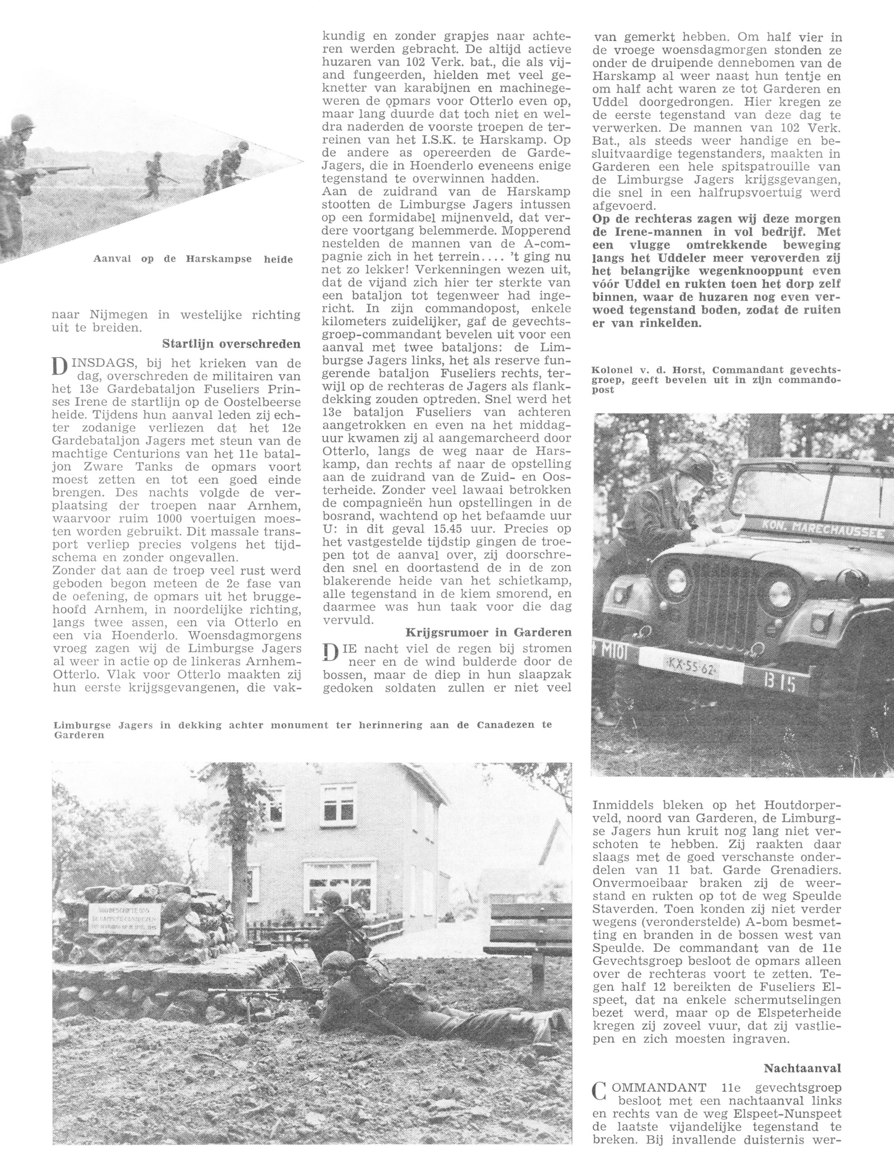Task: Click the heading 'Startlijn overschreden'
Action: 231,344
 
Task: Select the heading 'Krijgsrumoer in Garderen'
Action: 488,632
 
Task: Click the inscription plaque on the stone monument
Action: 123,916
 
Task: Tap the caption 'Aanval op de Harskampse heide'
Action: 193,259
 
